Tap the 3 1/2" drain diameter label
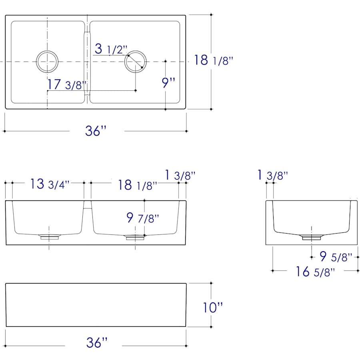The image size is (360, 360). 111,49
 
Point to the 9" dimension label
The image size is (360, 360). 169,83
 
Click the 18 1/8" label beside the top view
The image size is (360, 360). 214,60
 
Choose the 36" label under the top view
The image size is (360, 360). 96,131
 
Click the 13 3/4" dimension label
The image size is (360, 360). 50,184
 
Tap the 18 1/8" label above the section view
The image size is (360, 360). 138,185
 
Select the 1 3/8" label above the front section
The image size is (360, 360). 180,175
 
